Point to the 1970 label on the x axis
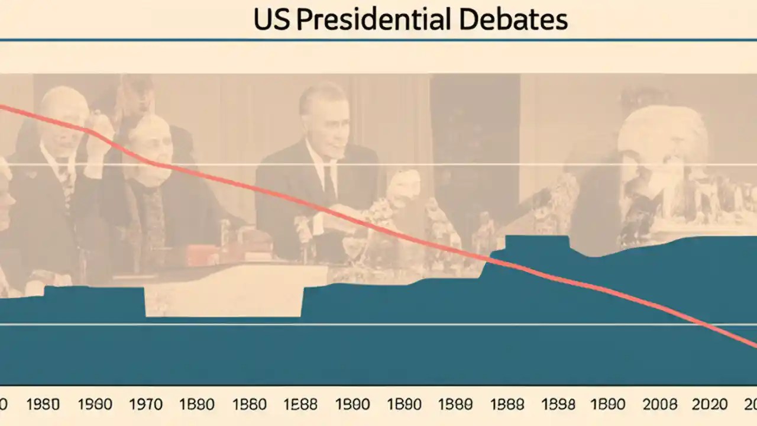coord(145,405)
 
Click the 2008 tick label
coord(659,405)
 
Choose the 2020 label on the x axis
coord(710,405)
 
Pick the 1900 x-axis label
coord(352,405)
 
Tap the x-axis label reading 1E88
coord(300,405)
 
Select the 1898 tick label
coord(558,405)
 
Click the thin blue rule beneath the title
coord(378,40)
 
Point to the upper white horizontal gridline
coord(378,164)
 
